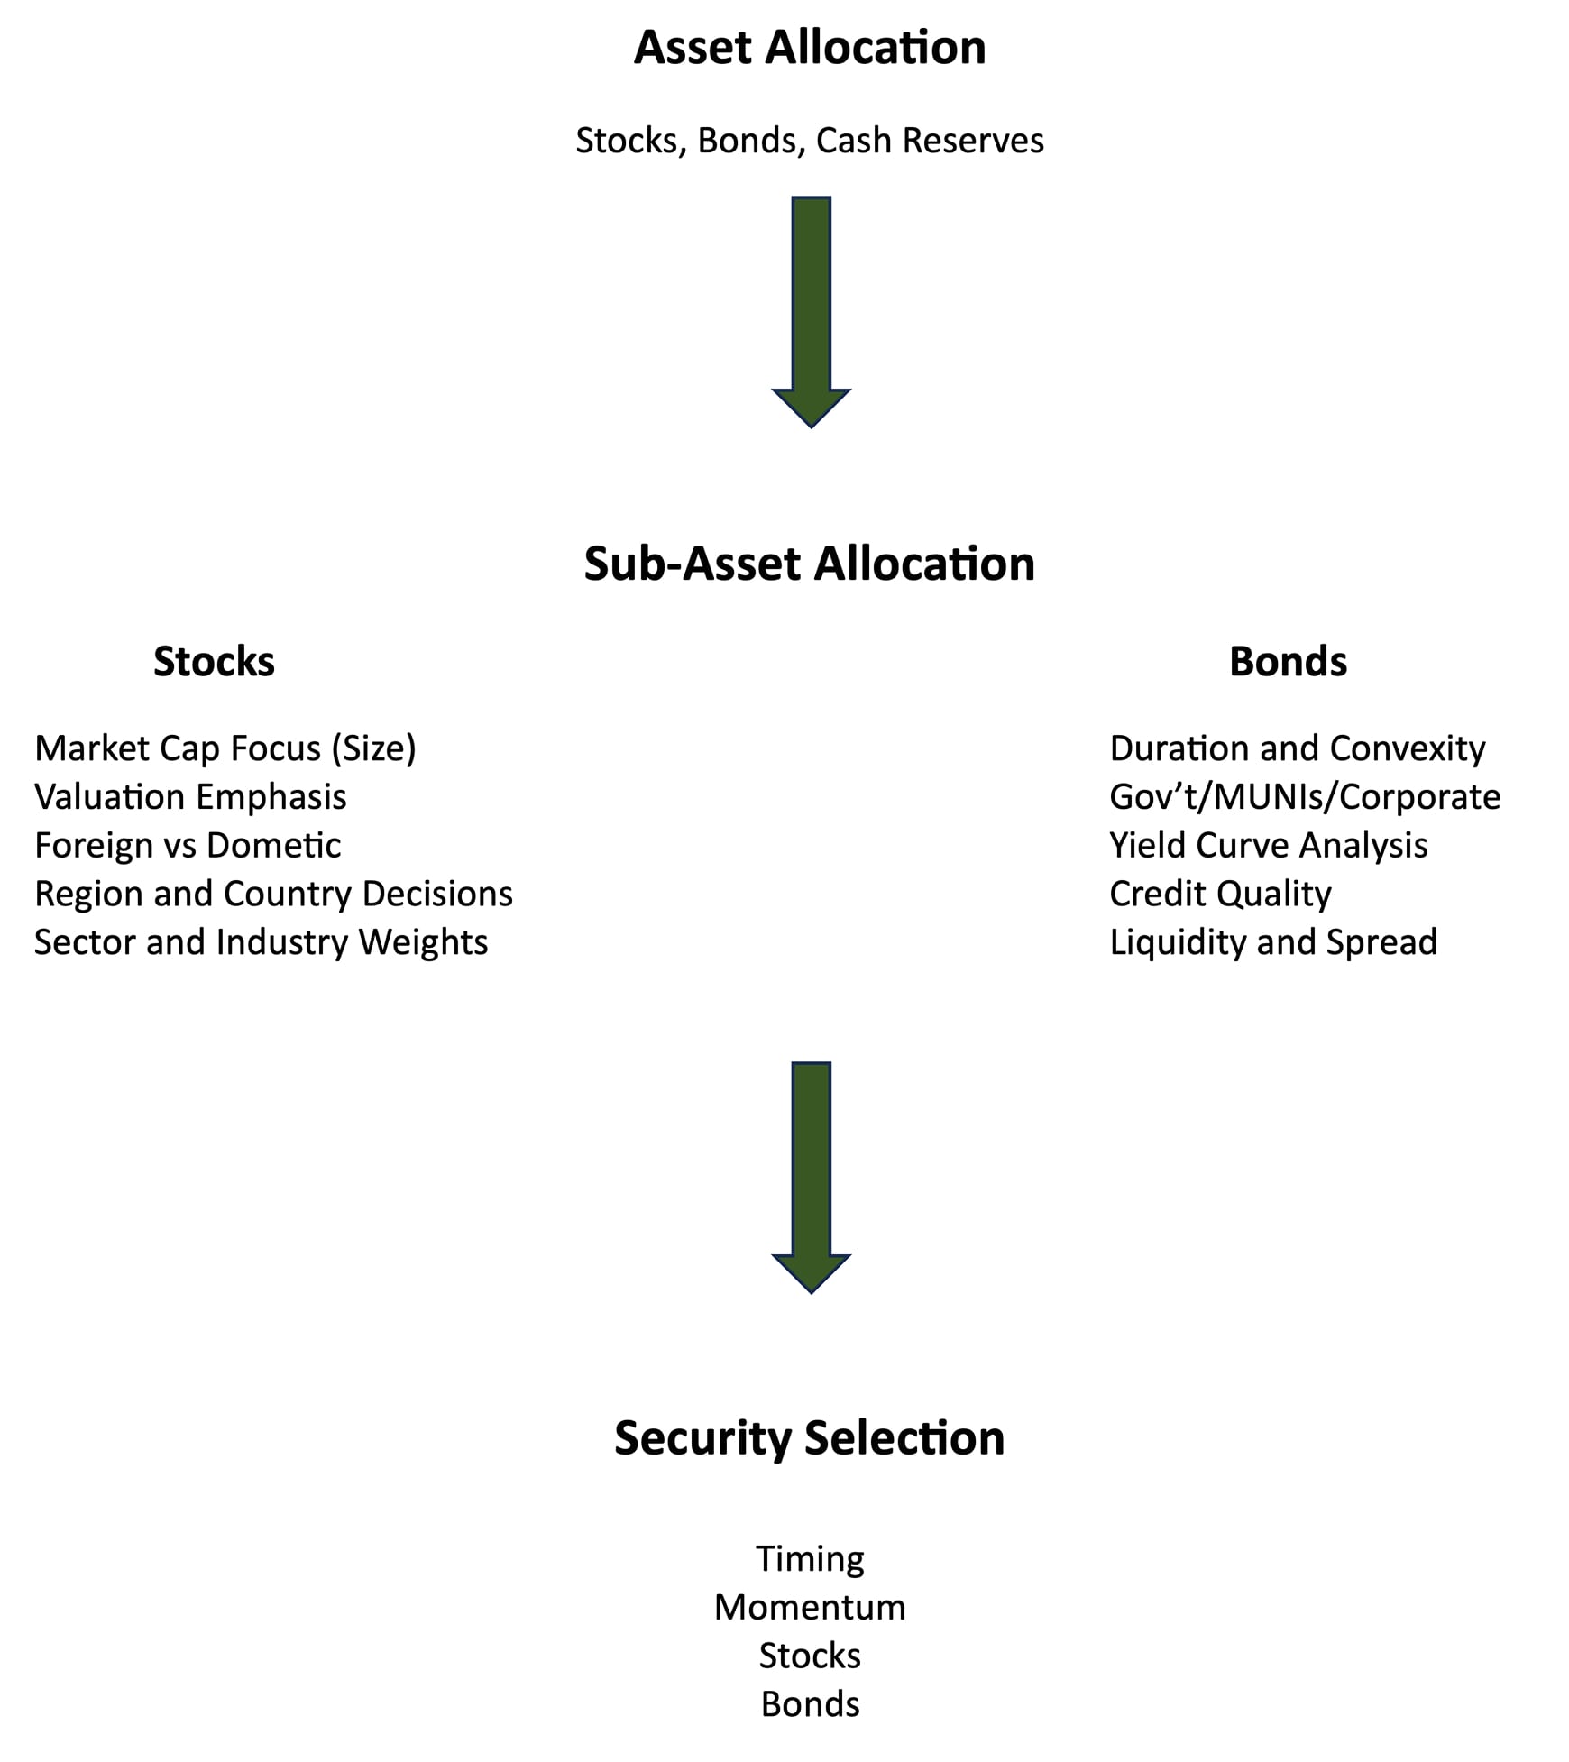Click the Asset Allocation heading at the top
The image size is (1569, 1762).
point(809,48)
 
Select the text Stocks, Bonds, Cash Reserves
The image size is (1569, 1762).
point(809,141)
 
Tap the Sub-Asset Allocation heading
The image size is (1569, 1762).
point(809,564)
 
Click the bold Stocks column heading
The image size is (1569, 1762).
point(214,662)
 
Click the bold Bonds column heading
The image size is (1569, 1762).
point(1288,662)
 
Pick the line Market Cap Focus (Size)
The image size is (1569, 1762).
point(225,748)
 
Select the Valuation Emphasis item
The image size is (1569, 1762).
point(190,797)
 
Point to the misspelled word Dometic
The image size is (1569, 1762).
point(273,846)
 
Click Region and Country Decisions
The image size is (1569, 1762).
point(273,894)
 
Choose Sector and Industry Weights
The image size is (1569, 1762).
point(261,942)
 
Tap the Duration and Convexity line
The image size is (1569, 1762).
point(1297,748)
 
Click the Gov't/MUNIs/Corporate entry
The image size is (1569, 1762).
point(1304,797)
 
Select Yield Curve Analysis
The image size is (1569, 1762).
point(1268,846)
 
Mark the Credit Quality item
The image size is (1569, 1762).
point(1220,894)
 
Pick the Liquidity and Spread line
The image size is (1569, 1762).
point(1272,942)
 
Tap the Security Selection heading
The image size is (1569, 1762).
point(809,1438)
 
